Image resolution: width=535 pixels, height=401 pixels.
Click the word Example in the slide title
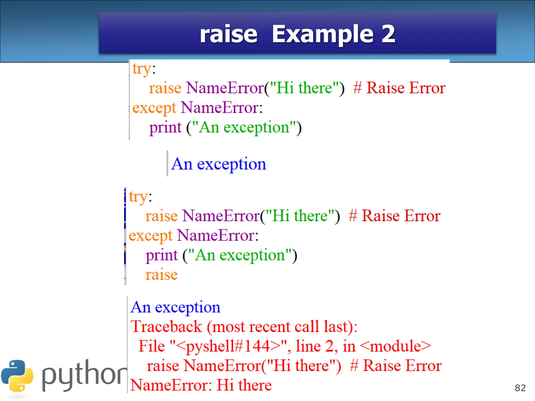(323, 34)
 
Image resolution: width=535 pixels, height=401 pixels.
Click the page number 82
(520, 388)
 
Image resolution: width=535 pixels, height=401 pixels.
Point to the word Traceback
(166, 327)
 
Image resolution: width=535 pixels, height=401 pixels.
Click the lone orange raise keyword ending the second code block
(161, 275)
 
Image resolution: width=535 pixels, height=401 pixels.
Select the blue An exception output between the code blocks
(219, 164)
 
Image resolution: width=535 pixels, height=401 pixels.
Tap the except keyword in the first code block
(154, 108)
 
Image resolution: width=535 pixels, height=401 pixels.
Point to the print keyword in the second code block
(161, 255)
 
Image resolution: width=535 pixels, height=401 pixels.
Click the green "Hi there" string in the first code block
(304, 88)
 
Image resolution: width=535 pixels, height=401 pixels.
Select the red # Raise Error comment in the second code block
(394, 216)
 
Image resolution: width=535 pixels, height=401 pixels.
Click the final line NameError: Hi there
(201, 385)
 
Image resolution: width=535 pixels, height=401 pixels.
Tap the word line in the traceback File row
(308, 346)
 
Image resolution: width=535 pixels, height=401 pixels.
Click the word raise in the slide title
(228, 34)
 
